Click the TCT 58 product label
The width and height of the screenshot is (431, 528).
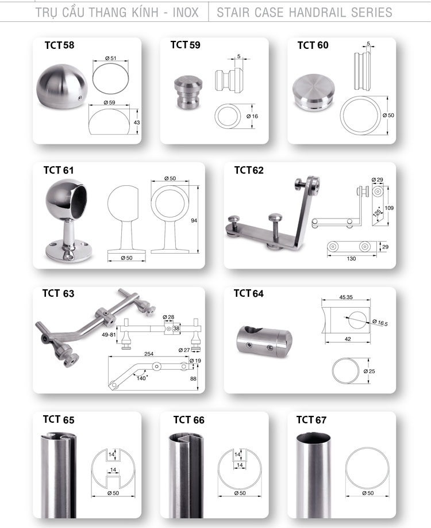tap(59, 45)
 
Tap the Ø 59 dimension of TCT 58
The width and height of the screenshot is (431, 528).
tap(109, 102)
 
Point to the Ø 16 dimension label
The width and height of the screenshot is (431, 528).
tap(252, 116)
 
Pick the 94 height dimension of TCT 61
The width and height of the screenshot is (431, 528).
tap(194, 220)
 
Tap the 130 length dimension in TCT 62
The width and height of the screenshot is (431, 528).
tap(351, 259)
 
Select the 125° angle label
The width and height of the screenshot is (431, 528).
tap(378, 212)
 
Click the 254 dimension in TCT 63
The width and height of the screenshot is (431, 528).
tap(148, 354)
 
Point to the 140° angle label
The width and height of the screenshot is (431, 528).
tap(141, 378)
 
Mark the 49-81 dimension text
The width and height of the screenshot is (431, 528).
tap(109, 335)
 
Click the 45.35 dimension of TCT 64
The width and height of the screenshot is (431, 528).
tap(346, 297)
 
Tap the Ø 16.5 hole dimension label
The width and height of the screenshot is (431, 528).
tap(380, 323)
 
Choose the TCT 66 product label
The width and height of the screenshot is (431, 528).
tap(188, 420)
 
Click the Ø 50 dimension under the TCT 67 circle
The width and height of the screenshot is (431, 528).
tap(368, 493)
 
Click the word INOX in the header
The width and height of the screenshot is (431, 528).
tap(186, 13)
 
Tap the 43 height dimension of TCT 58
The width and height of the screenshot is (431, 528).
tap(137, 123)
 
